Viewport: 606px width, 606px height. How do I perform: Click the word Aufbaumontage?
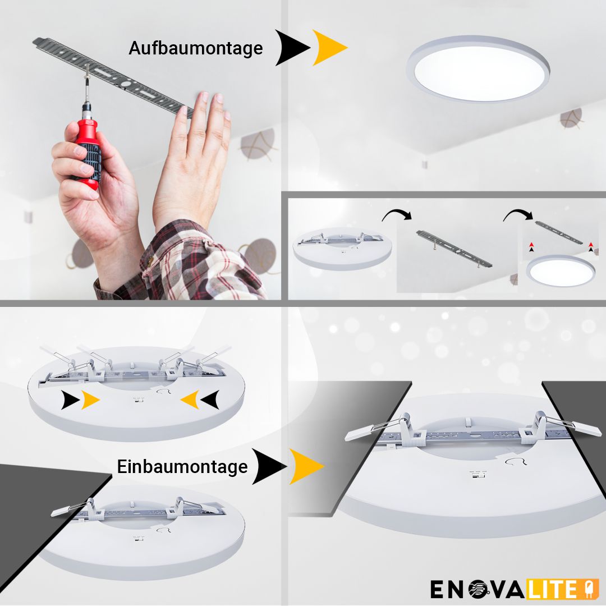pos(195,48)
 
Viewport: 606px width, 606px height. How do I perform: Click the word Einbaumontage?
pos(182,467)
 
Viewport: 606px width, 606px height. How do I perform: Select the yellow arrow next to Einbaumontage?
pos(305,466)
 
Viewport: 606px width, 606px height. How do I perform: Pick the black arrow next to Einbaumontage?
pos(268,466)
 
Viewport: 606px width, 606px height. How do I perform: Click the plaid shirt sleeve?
pos(185,264)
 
